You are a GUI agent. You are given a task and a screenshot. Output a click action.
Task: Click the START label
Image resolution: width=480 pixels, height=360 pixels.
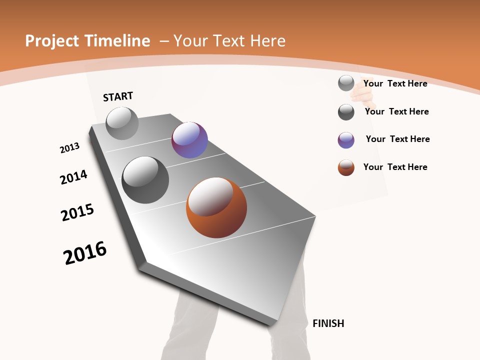coord(118,96)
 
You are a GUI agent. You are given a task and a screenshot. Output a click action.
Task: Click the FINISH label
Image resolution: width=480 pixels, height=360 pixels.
coord(328,323)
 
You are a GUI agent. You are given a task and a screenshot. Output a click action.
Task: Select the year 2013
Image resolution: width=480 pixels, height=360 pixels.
coord(69,148)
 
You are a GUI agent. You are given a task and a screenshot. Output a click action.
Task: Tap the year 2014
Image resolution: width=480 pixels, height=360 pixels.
coord(73,177)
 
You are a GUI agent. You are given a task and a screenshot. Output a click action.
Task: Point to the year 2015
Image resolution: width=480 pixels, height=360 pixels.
coord(77,212)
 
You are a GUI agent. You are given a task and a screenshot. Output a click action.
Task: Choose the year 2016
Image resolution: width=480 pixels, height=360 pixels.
coord(85,253)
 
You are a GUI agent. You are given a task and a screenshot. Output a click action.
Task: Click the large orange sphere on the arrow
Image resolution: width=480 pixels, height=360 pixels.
coord(216,207)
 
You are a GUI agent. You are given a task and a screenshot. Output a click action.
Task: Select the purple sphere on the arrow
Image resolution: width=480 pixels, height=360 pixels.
coord(189,140)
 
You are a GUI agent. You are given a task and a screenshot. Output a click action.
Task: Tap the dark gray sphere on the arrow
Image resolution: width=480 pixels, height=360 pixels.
coord(145,180)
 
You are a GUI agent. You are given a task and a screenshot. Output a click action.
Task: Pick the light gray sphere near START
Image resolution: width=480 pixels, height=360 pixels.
coord(122,123)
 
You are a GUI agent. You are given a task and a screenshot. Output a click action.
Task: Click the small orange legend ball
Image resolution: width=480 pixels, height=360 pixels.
coord(346,167)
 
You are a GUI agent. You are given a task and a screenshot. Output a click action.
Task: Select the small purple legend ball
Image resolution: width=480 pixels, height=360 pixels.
coord(346,140)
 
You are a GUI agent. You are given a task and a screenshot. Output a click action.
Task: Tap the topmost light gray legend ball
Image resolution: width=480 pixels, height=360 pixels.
coord(346,83)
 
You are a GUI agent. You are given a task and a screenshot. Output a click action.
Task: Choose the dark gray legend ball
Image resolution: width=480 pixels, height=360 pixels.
coord(346,112)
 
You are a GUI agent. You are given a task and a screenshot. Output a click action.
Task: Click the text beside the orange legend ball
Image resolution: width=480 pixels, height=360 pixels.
coord(395,167)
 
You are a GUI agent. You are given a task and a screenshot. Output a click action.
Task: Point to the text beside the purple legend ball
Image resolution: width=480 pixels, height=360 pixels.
coord(397,139)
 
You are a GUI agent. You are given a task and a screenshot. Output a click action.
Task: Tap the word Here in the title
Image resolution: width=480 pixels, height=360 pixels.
coord(267,41)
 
